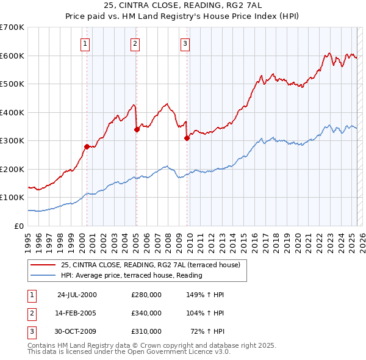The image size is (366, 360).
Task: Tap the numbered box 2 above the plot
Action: (x=134, y=43)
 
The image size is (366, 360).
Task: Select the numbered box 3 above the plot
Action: (x=184, y=43)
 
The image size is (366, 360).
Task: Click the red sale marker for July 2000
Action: (x=87, y=146)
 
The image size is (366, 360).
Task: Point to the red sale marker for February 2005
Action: (x=137, y=129)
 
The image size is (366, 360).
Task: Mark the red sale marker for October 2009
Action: (x=187, y=138)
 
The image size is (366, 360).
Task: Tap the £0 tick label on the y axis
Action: (x=19, y=226)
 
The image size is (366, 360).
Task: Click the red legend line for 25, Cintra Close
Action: (x=44, y=265)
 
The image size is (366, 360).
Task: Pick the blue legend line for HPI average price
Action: (x=44, y=275)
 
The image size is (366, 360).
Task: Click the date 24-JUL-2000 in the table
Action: (x=77, y=295)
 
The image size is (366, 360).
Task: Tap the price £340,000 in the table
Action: (x=146, y=313)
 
